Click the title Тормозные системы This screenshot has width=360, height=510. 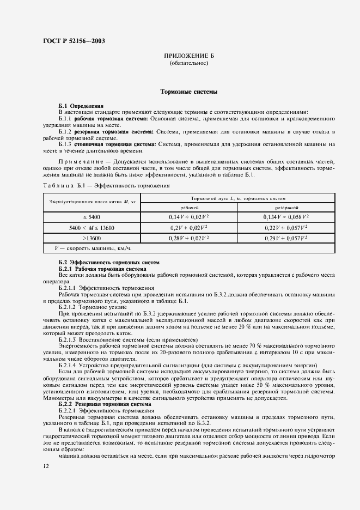click(188, 93)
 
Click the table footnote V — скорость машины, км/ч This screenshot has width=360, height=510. click(94, 248)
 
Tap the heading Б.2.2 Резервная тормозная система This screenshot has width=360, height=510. click(100, 405)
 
